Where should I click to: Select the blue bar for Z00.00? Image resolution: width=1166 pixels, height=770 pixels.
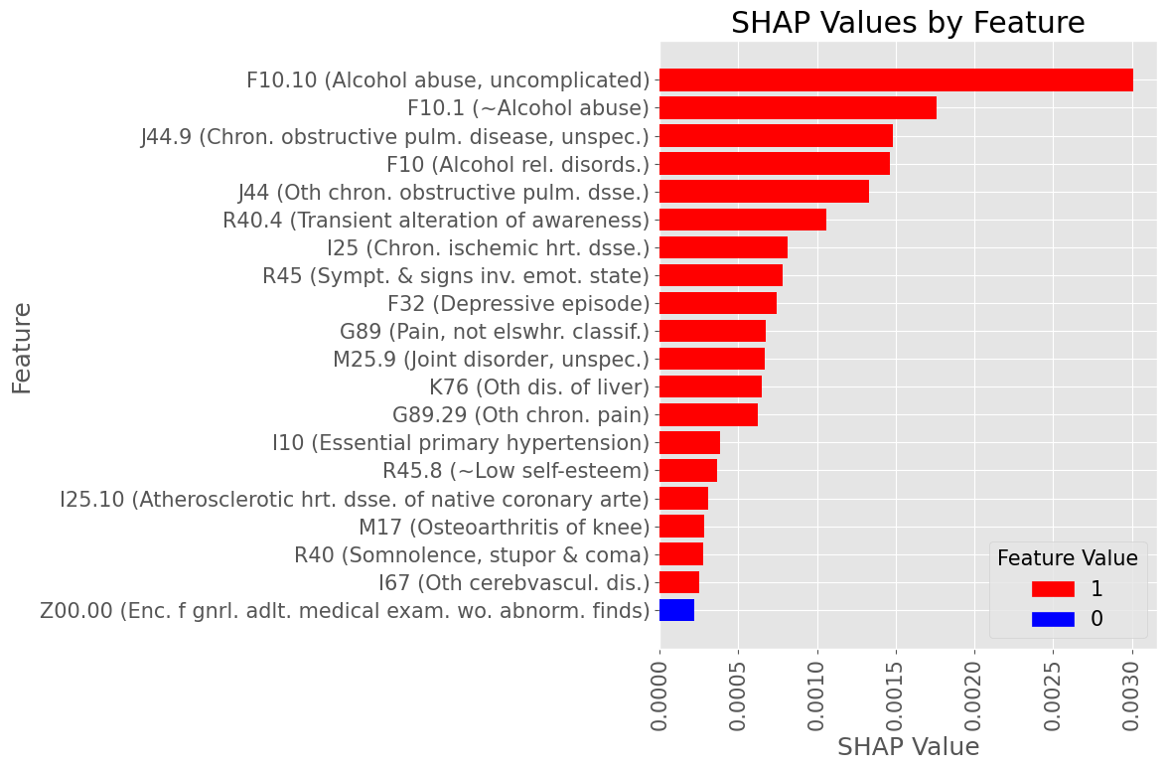[x=677, y=610]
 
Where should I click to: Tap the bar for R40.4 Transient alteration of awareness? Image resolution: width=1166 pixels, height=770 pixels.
[x=743, y=220]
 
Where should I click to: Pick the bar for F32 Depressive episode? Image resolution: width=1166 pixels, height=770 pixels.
[x=718, y=303]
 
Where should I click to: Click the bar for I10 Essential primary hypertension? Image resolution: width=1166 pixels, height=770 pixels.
[x=689, y=443]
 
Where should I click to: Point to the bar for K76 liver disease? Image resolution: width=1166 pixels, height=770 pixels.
[x=710, y=386]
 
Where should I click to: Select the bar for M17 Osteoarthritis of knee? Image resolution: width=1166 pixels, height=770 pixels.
[x=681, y=527]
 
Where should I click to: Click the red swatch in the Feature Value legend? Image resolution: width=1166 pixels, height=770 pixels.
[x=1053, y=589]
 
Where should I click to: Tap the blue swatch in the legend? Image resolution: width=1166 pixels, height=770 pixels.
[x=1053, y=620]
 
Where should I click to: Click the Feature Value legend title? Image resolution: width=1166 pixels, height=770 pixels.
[x=1068, y=558]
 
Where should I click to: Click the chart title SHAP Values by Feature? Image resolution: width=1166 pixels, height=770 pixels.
[x=908, y=23]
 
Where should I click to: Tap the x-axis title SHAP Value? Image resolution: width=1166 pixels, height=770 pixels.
[x=908, y=747]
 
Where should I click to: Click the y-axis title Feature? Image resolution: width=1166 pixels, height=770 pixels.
[x=22, y=348]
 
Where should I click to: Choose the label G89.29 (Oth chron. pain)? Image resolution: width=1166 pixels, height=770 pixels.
[x=520, y=414]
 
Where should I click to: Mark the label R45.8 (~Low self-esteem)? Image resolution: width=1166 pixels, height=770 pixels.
[x=515, y=470]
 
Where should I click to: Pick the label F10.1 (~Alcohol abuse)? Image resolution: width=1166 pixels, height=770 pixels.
[x=528, y=107]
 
